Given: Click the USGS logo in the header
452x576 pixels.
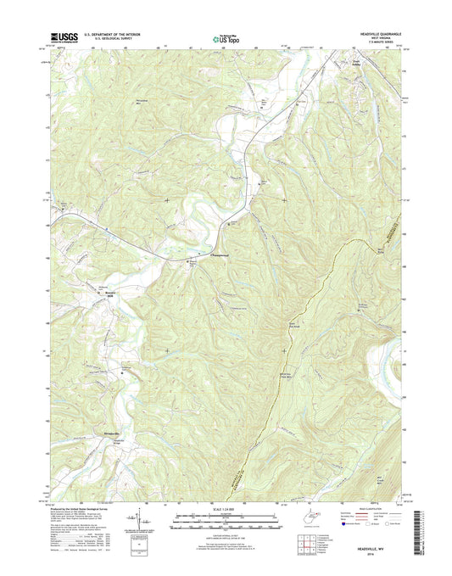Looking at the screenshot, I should click(x=64, y=37).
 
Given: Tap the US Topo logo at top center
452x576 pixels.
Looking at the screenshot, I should click(x=225, y=37).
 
